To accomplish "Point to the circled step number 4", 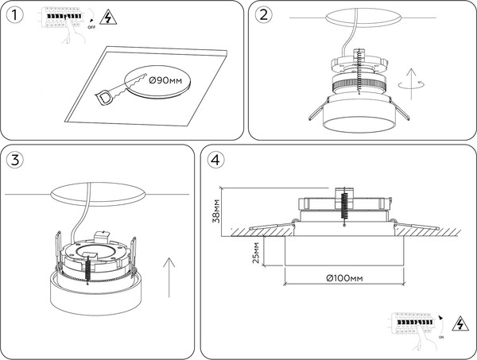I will coord(215,159).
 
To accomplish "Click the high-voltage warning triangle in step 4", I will coord(459,323).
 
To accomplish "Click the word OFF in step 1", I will coord(91,27).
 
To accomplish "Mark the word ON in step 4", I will coord(440,338).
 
